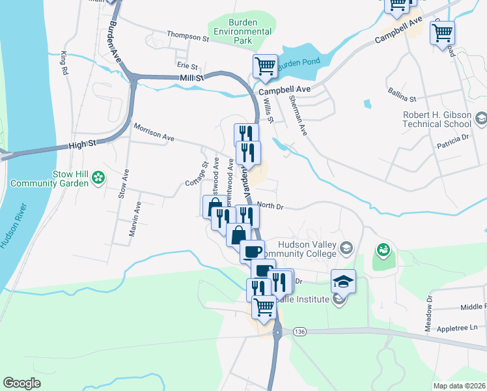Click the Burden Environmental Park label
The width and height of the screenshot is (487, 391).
(242, 31)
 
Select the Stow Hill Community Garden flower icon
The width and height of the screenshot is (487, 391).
(98, 177)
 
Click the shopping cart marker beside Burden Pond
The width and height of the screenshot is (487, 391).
(265, 66)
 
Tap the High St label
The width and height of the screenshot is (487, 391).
(81, 147)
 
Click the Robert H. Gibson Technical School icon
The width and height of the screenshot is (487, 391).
(480, 118)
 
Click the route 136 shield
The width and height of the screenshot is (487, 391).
(299, 332)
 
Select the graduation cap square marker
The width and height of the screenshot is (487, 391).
(343, 282)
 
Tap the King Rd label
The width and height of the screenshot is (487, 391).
(64, 62)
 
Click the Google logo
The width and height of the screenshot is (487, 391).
(22, 383)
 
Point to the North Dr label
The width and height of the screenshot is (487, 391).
(270, 205)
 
